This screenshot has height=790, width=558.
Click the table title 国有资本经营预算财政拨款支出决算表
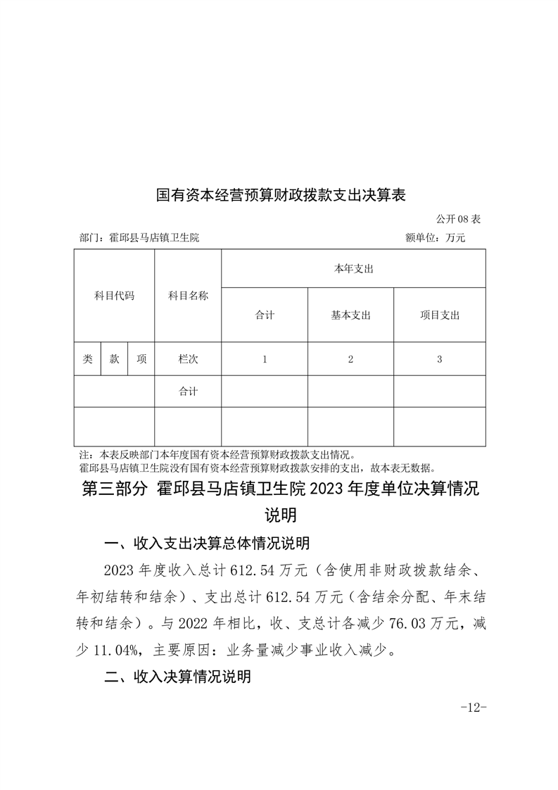click(281, 194)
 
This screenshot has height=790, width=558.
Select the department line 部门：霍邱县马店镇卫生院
click(140, 238)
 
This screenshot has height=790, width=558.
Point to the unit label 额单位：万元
click(436, 238)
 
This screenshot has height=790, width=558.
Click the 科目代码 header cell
click(114, 296)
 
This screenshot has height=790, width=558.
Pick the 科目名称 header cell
click(188, 296)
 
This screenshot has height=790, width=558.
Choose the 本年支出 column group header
click(353, 269)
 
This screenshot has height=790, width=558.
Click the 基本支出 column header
click(350, 315)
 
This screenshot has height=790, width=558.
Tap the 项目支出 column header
click(439, 315)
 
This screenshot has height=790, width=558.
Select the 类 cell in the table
click(87, 359)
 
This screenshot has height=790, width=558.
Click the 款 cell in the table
click(114, 359)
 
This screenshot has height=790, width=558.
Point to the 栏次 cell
click(188, 359)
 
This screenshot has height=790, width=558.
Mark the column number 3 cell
click(439, 359)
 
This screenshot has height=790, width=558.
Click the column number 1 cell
click(265, 359)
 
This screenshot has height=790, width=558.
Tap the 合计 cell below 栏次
click(188, 392)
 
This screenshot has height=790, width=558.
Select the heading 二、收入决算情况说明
click(177, 677)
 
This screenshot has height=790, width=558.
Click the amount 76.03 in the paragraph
click(395, 624)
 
